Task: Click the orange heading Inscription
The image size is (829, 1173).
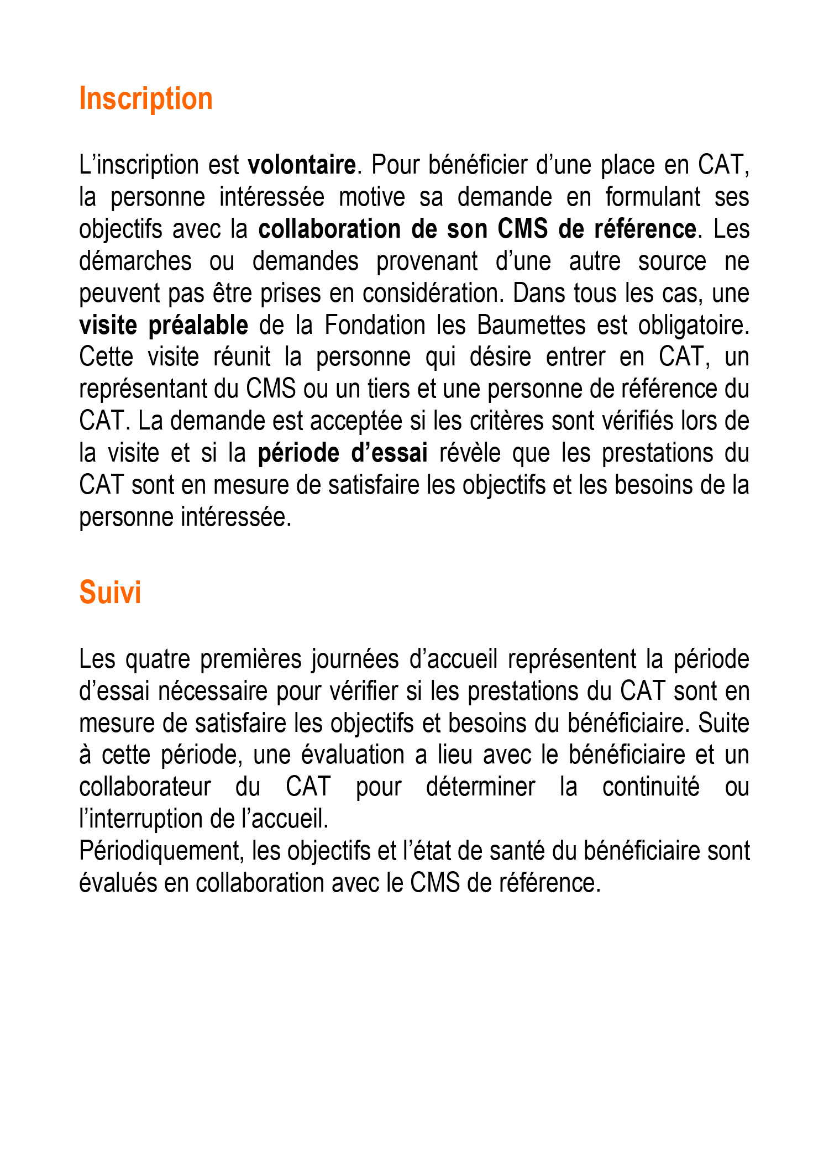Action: click(146, 99)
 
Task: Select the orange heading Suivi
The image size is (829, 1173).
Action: click(110, 593)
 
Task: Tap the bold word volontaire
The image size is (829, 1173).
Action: click(302, 165)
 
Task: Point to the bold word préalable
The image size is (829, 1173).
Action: click(198, 326)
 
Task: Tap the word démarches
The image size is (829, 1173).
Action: click(135, 261)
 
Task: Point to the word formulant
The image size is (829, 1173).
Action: click(653, 197)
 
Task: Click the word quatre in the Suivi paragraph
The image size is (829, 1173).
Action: click(159, 659)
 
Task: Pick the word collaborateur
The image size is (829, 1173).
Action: click(145, 787)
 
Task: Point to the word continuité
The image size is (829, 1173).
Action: click(650, 787)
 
